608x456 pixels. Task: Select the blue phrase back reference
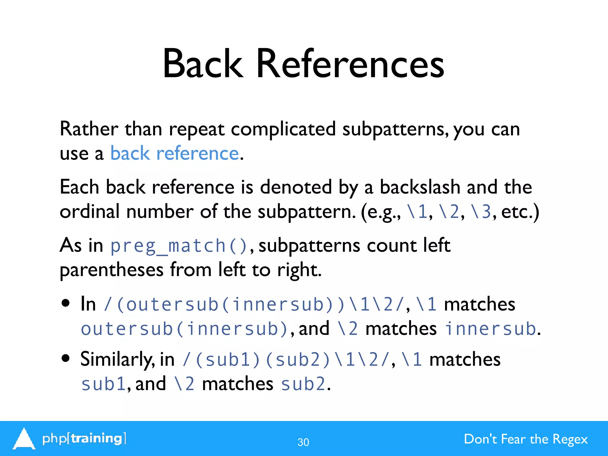coord(175,153)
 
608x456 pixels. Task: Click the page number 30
coord(303,442)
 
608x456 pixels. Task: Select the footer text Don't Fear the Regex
coord(525,439)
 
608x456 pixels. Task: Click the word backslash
coord(420,187)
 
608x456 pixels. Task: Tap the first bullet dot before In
coord(65,303)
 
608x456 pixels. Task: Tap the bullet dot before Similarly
coord(65,358)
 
